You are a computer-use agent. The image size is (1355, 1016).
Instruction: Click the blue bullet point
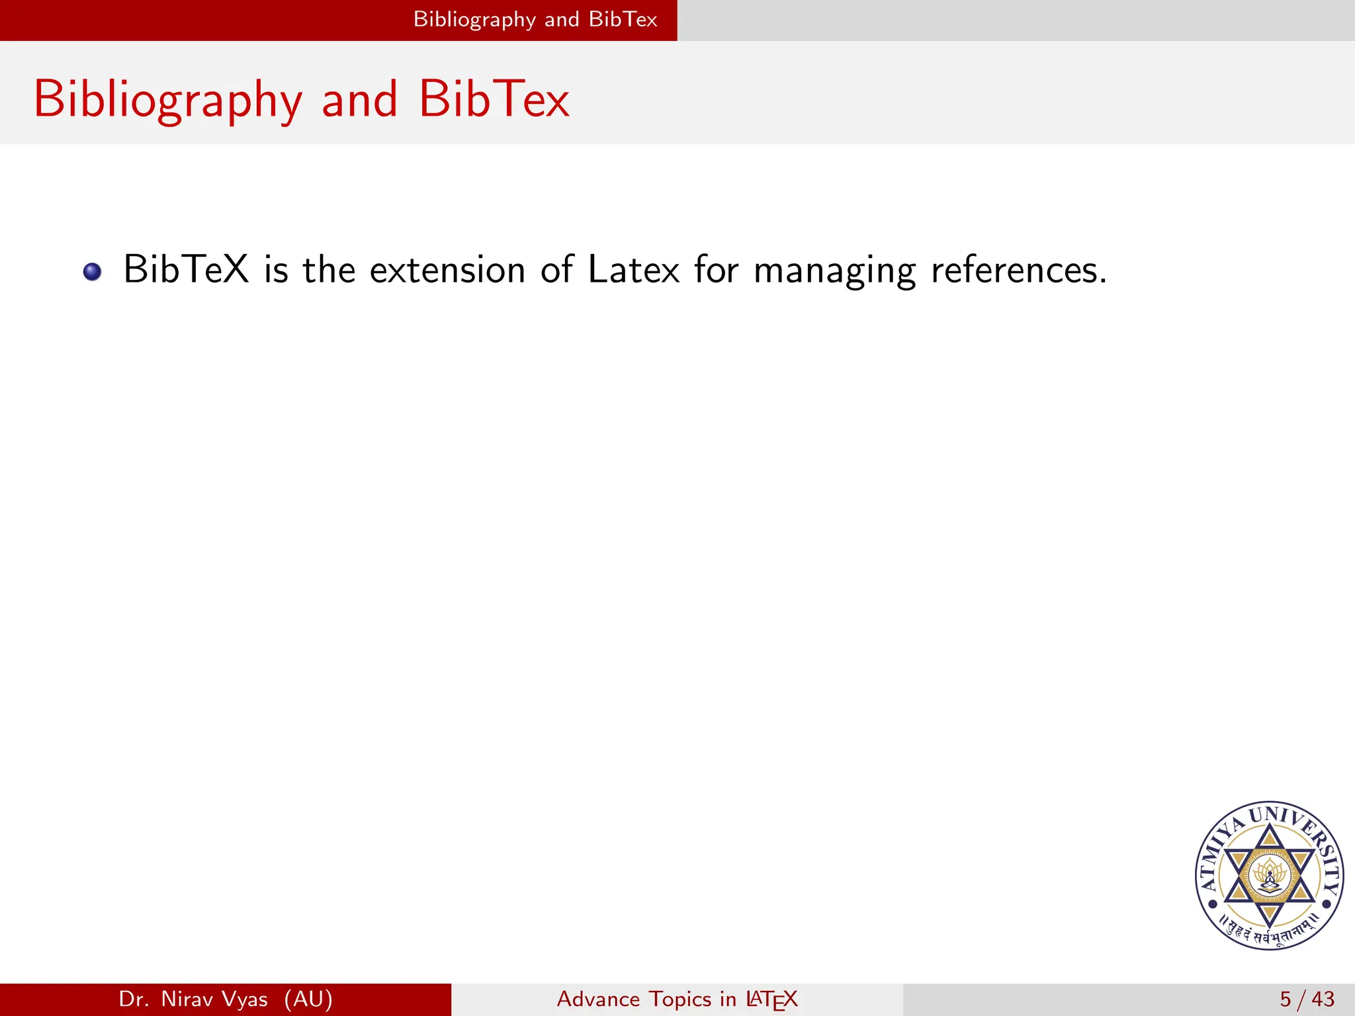tap(93, 272)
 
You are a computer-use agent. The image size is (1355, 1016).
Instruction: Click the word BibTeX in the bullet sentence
tap(186, 270)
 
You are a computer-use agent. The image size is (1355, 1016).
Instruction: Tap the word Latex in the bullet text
tap(633, 270)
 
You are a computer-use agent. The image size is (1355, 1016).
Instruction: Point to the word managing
tap(834, 271)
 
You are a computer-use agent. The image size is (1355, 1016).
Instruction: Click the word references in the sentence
tap(1018, 270)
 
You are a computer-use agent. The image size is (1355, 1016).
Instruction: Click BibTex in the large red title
tap(494, 99)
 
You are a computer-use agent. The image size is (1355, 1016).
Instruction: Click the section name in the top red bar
tap(535, 19)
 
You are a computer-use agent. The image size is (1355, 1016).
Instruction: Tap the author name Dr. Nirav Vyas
tap(193, 999)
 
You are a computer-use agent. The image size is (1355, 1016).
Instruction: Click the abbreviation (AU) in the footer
tap(308, 999)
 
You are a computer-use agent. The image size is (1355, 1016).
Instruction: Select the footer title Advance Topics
tap(634, 999)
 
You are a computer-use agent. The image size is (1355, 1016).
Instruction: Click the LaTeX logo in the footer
tap(771, 999)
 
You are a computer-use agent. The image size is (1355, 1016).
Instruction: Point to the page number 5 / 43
tap(1307, 999)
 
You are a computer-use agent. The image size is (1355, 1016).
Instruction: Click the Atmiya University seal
tap(1269, 876)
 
